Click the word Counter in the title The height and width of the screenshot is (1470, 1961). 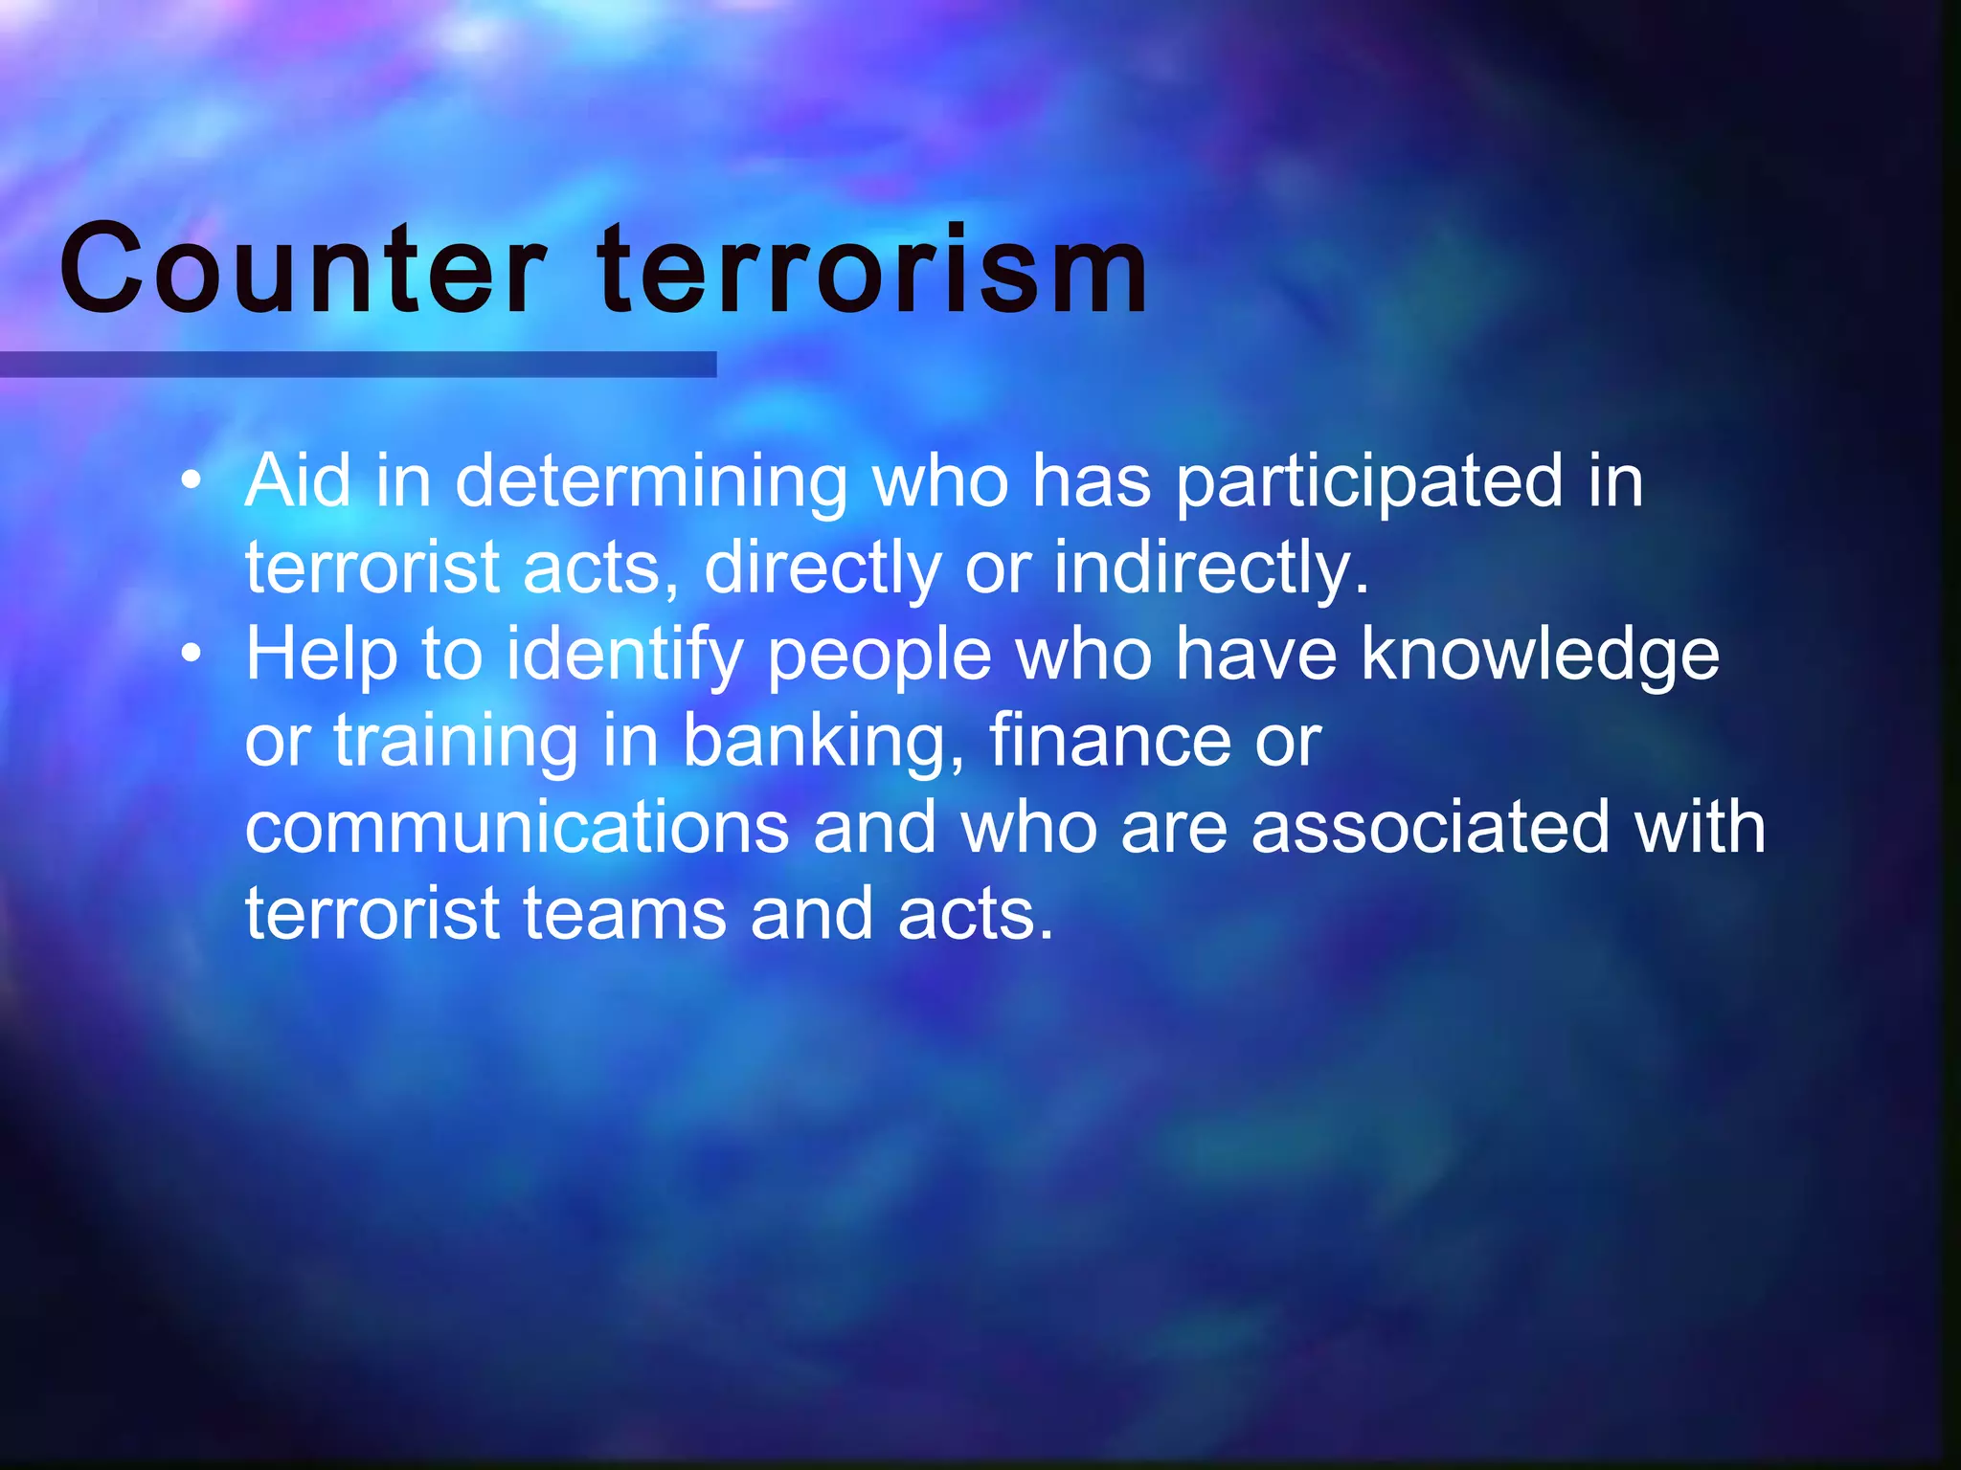(x=303, y=270)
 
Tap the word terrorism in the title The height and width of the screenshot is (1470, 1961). (x=871, y=270)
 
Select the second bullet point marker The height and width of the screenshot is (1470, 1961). (x=192, y=654)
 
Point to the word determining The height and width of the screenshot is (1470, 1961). (x=651, y=481)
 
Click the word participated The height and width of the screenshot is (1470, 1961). (x=1369, y=481)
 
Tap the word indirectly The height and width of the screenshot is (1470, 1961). (x=1211, y=568)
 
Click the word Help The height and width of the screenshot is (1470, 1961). (x=321, y=656)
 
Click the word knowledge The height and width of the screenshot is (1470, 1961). (x=1540, y=656)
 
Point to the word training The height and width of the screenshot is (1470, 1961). (x=456, y=743)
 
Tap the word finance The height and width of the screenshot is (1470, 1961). (x=1110, y=741)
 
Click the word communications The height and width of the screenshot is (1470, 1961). (x=517, y=828)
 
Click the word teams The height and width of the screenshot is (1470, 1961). (x=624, y=914)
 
